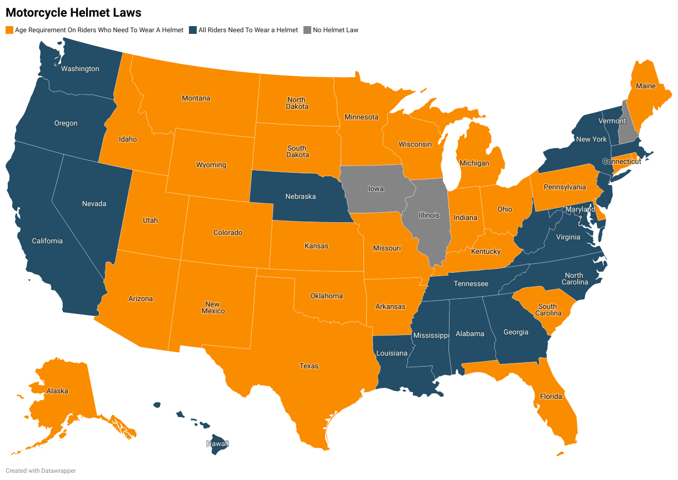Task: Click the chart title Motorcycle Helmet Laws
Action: click(73, 12)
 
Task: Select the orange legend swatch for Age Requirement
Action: click(9, 30)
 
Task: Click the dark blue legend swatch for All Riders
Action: click(193, 30)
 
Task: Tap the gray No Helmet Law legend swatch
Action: click(307, 30)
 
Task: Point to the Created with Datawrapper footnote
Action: click(41, 471)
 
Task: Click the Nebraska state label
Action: click(301, 197)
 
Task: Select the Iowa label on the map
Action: click(376, 189)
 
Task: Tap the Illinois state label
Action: click(428, 216)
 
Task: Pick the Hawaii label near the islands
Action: click(217, 444)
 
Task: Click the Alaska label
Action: click(57, 391)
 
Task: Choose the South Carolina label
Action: click(547, 310)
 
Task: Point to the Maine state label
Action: click(646, 86)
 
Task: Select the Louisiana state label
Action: click(392, 353)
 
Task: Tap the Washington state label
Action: click(80, 69)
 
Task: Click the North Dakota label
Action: click(297, 103)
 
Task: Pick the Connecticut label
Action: click(621, 162)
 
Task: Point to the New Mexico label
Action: click(213, 308)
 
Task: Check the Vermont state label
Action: click(612, 121)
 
